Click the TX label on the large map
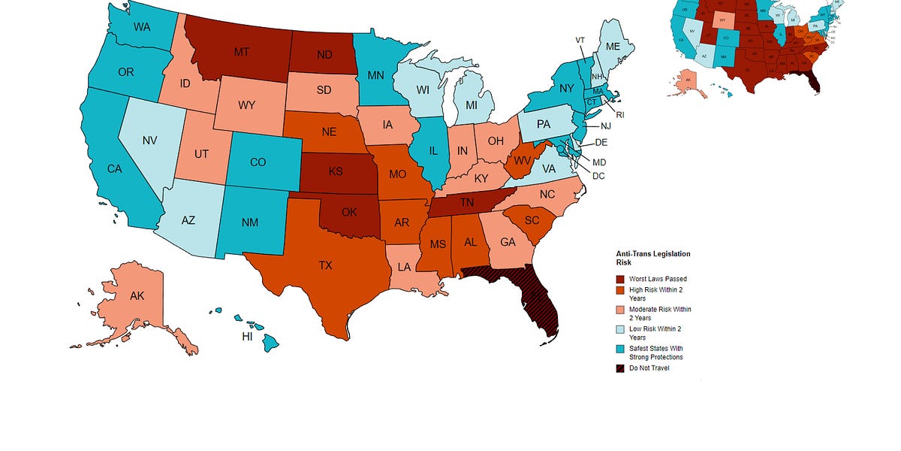pos(325,265)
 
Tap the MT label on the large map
pos(242,52)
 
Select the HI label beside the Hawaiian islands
pos(247,337)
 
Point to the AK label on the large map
pos(137,295)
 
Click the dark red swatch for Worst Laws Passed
pos(620,279)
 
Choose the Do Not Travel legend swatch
pos(620,368)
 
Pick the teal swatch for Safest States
pos(620,349)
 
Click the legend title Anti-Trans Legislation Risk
pos(652,259)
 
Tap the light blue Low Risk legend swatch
pos(620,329)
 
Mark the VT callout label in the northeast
pos(580,40)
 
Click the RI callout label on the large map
pos(620,115)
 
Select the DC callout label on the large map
pos(598,176)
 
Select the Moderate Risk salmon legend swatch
pos(620,310)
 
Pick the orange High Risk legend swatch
pos(620,290)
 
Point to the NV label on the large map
pos(149,140)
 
